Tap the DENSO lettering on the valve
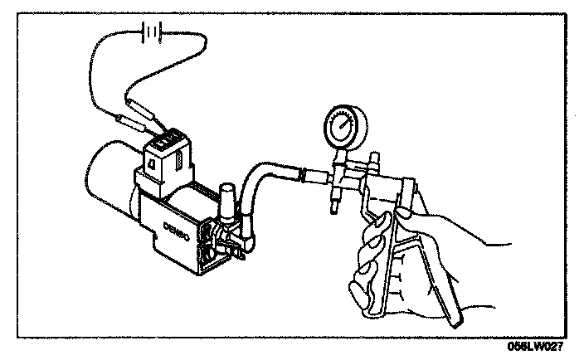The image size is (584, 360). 178,225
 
